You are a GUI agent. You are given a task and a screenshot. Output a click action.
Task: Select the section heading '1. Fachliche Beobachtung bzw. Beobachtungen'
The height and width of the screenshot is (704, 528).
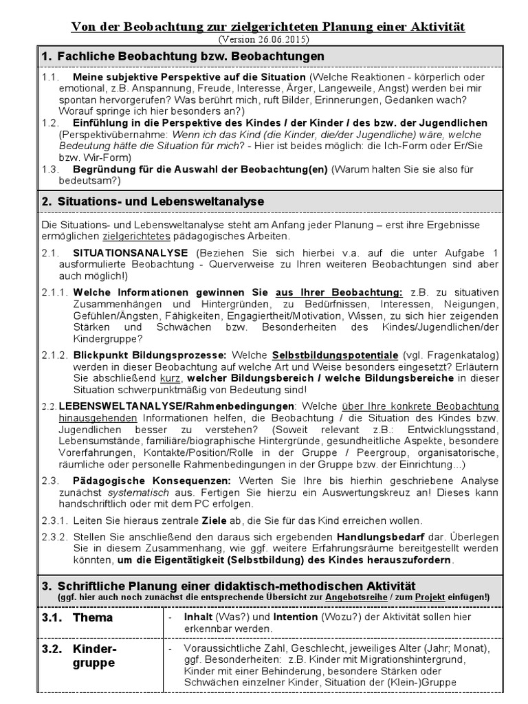[x=182, y=56]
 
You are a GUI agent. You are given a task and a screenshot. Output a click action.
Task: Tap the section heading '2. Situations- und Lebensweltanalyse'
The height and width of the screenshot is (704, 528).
[x=153, y=201]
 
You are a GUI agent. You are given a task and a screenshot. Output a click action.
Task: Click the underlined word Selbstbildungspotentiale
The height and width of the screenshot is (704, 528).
[x=335, y=355]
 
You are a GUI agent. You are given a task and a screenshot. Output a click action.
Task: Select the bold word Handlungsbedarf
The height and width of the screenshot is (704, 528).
[x=376, y=536]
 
